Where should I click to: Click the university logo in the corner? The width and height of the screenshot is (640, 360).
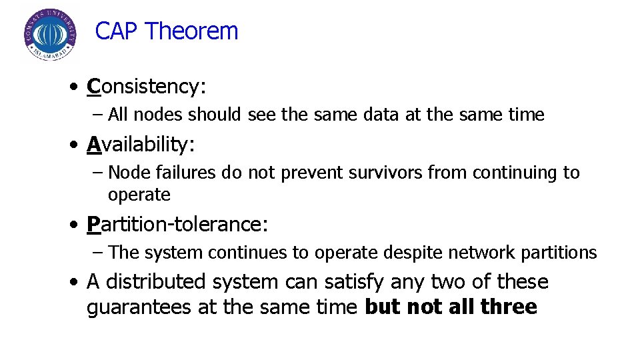[49, 35]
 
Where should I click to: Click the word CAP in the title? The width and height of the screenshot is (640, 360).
[117, 31]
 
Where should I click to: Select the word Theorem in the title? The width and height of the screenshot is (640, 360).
[191, 31]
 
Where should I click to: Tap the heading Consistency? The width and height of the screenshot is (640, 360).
[147, 87]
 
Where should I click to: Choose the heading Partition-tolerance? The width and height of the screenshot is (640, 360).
[177, 224]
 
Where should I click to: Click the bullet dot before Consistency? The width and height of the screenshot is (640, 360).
[77, 87]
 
